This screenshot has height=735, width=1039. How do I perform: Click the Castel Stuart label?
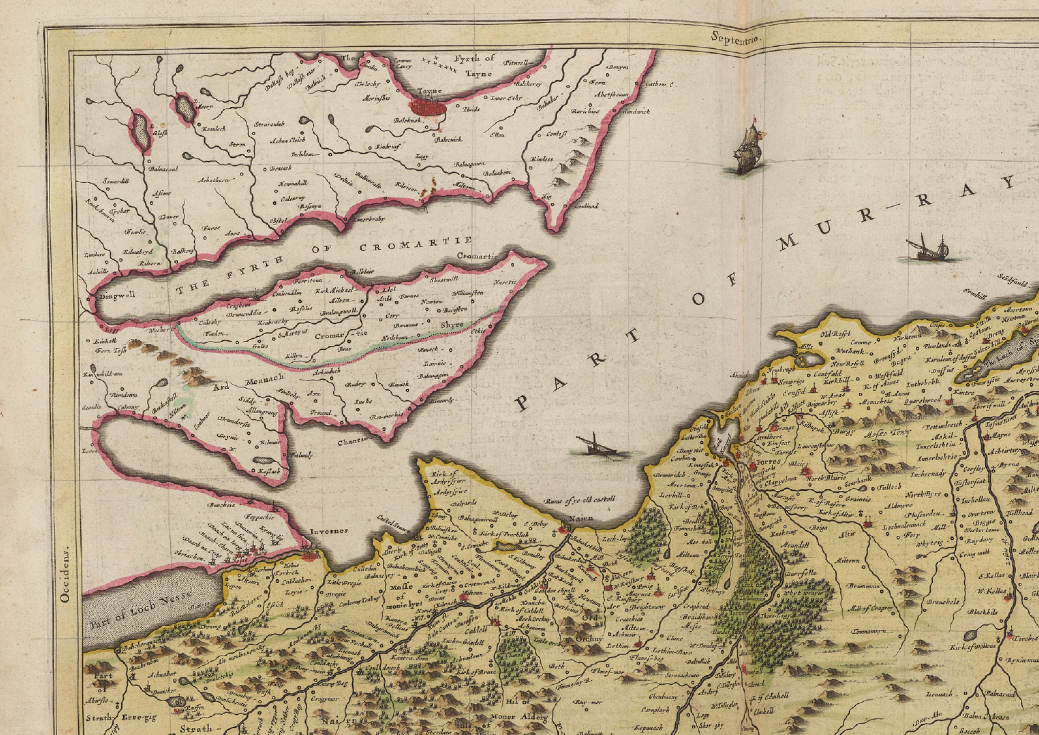click(x=393, y=523)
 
